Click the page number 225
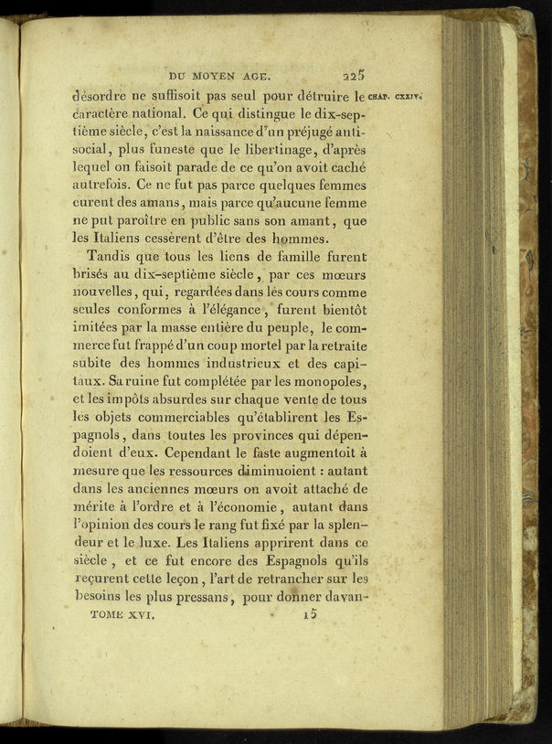tap(355, 77)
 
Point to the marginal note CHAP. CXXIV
tap(394, 95)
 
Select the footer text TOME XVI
tap(123, 616)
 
